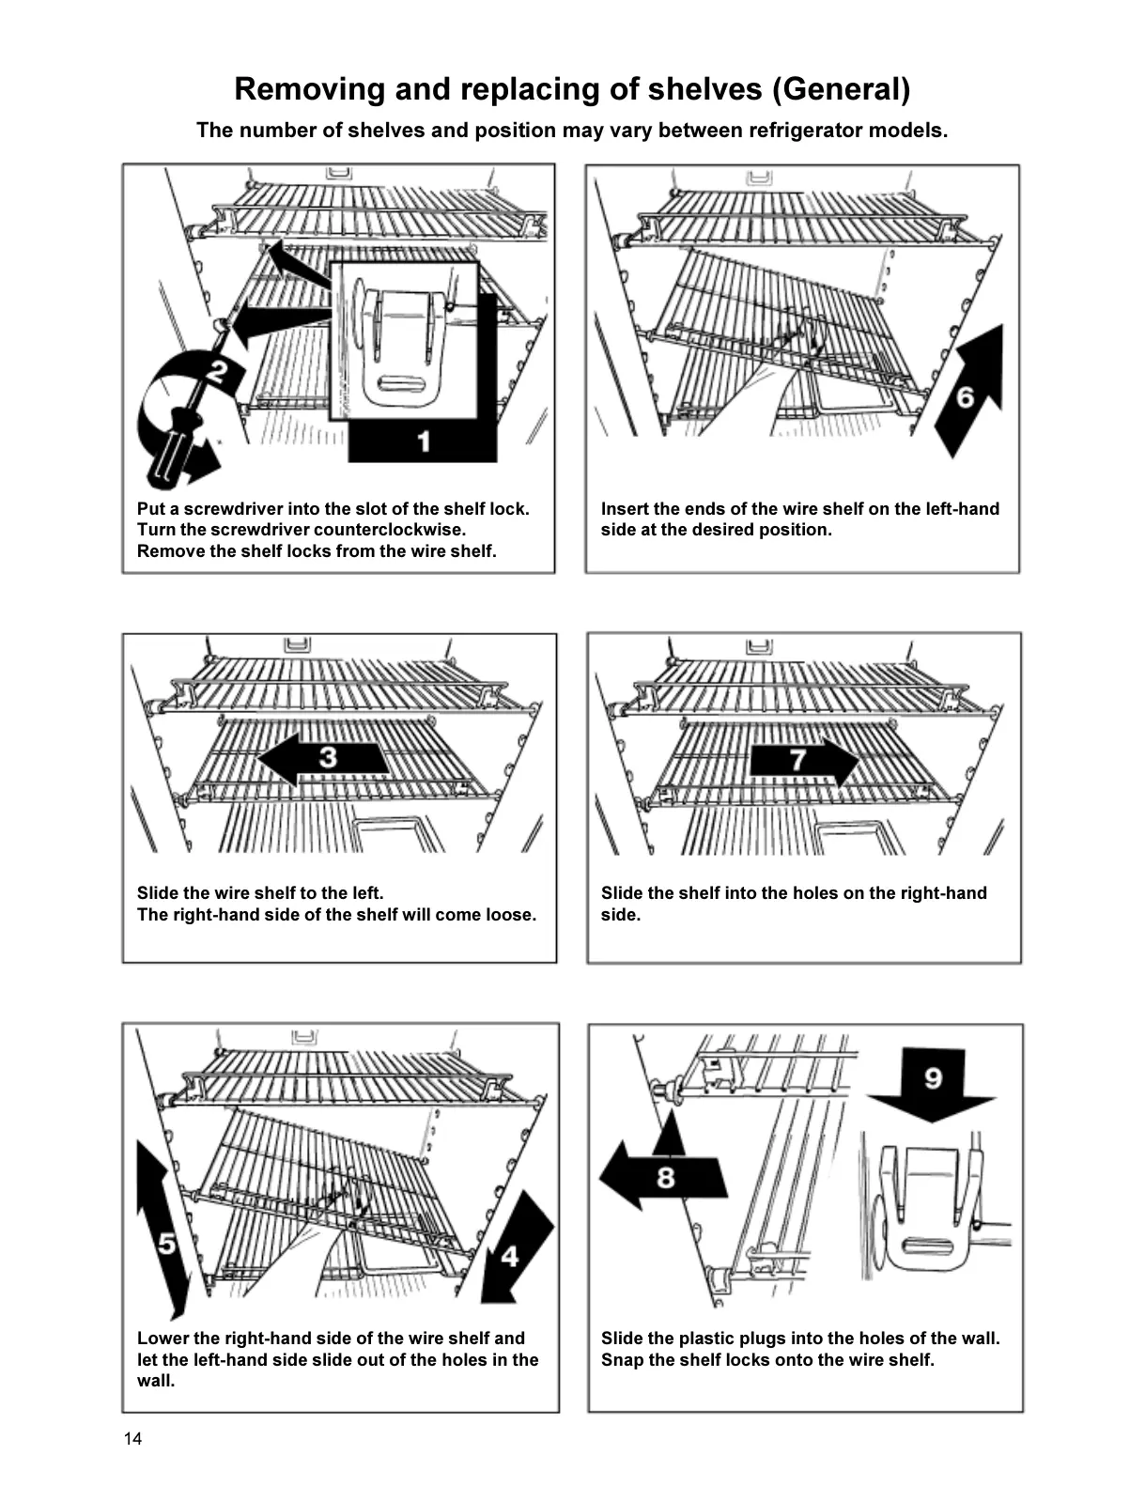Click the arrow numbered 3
(x=324, y=758)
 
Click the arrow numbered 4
(x=515, y=1249)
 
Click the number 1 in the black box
(x=424, y=441)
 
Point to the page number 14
(x=132, y=1439)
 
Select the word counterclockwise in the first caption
(x=390, y=530)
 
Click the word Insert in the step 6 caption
(x=626, y=509)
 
